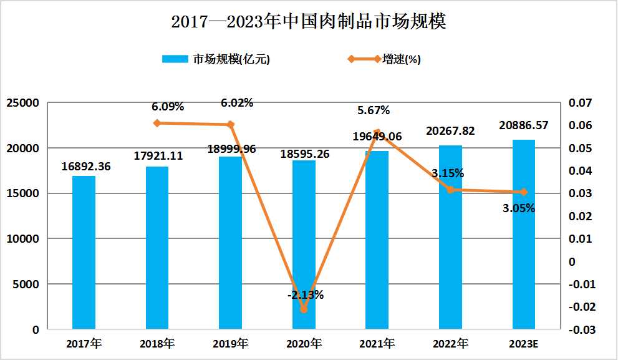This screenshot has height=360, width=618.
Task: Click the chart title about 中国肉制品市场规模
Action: click(x=309, y=22)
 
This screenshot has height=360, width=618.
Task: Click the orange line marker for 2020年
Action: click(x=304, y=309)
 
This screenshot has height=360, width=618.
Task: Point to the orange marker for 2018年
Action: click(x=157, y=123)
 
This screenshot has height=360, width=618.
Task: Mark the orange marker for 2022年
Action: click(x=450, y=190)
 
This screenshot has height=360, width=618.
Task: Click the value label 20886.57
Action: click(x=524, y=125)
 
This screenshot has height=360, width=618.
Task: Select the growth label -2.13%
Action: click(x=306, y=294)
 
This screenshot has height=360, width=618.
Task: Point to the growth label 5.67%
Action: click(x=374, y=110)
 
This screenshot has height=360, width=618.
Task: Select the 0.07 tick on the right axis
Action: click(x=582, y=103)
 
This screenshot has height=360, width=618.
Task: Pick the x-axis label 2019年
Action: click(x=230, y=344)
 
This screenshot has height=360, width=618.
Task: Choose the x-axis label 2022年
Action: click(x=450, y=344)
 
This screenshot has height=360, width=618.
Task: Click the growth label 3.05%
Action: click(x=519, y=208)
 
